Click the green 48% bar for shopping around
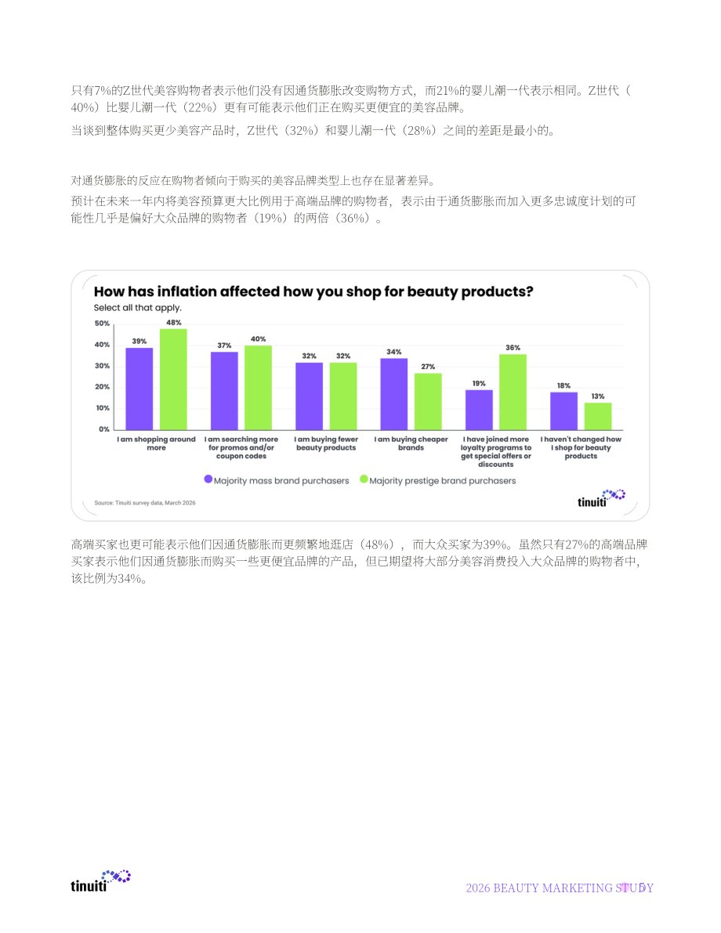pos(173,380)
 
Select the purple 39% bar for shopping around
pos(139,389)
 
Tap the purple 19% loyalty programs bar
pos(480,410)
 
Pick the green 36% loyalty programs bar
pos(513,392)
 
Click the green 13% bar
pos(598,417)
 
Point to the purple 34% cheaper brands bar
pos(394,395)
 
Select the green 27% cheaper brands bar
pos(428,402)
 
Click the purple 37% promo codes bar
pos(224,391)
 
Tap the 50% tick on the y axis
pos(103,324)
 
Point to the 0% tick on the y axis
pos(104,429)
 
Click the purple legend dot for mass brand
pos(208,479)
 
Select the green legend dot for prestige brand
pos(364,479)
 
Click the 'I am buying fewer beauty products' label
pos(326,443)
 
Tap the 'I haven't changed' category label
pos(581,447)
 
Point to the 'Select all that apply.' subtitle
pos(137,308)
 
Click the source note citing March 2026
pos(145,503)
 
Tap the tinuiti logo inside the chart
pos(601,498)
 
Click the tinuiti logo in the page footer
pos(100,881)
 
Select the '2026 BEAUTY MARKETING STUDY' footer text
pos(560,888)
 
